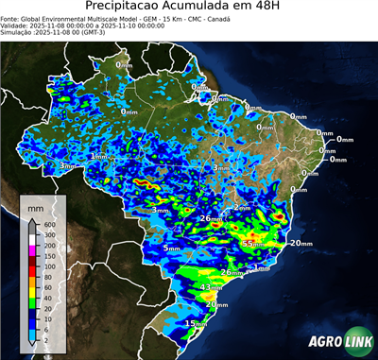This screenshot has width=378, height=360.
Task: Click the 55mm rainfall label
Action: (253, 244)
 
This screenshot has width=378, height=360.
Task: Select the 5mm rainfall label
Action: (171, 248)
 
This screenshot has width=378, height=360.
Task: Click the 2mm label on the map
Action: (242, 207)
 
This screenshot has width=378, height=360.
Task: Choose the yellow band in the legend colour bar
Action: (31, 291)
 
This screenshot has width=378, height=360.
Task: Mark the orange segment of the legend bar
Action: (31, 281)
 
